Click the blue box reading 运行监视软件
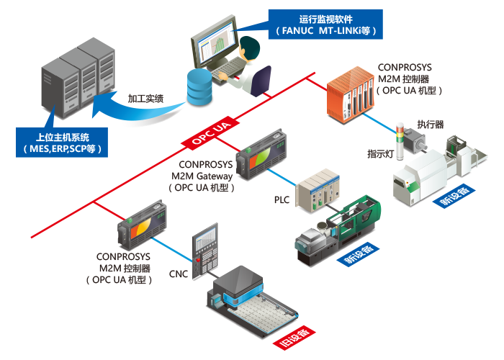[325, 24]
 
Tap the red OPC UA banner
[211, 132]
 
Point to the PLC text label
[282, 199]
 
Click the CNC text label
[178, 274]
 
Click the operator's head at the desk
[251, 47]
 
